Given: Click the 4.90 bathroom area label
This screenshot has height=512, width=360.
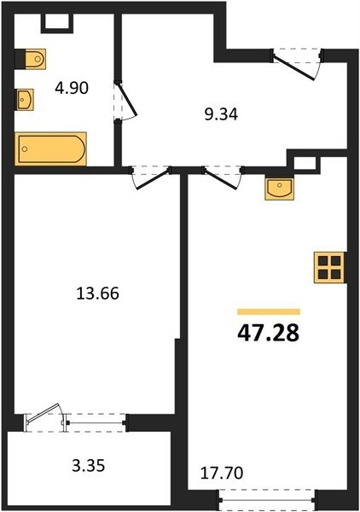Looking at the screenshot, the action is (x=72, y=88).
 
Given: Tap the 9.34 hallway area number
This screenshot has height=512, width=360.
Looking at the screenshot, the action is (x=221, y=114).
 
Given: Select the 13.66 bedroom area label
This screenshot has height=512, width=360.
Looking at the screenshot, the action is (x=97, y=293).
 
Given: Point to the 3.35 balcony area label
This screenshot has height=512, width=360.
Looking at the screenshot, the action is (x=89, y=465).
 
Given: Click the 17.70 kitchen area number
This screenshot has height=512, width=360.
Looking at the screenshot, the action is (x=222, y=473).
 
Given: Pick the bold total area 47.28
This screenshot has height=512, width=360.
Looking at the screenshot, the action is (x=268, y=333).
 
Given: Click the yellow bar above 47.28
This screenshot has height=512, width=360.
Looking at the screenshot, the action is (x=269, y=311).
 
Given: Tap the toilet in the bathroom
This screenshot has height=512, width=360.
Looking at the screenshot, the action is (x=31, y=59).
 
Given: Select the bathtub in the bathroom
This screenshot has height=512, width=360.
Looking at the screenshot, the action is (x=50, y=148).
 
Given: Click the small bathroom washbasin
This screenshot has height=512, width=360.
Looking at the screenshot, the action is (x=25, y=100).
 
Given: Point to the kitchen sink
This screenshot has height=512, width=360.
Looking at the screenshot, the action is (x=279, y=188).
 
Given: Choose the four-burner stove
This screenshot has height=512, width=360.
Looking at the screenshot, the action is (x=329, y=267).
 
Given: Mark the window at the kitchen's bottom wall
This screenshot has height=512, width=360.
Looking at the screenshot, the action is (x=268, y=499).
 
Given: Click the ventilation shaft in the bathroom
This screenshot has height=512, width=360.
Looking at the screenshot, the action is (x=57, y=22).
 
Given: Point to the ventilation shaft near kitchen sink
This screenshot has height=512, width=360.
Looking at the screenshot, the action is (x=305, y=162).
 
